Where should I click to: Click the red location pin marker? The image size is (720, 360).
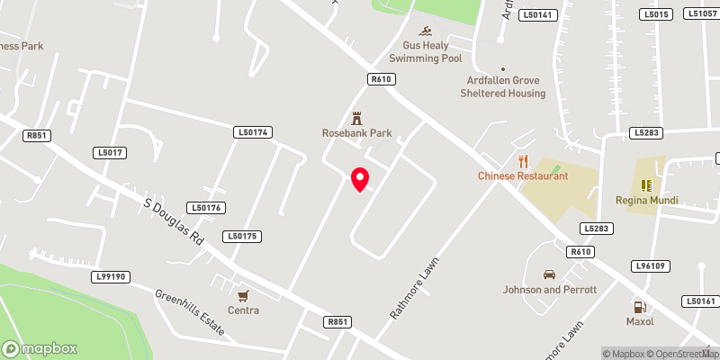point(359,179)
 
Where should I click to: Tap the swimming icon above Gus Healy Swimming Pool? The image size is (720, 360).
point(432,29)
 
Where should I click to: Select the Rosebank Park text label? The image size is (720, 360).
point(357,133)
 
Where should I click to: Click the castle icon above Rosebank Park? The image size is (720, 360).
point(357,118)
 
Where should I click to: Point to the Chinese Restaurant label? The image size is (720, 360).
point(523,175)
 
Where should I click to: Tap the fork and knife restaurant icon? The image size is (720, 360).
point(523,161)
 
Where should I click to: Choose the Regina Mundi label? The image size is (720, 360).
point(645,199)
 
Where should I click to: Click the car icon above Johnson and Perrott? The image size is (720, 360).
point(549,274)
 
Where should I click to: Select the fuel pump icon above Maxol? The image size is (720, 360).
point(640,306)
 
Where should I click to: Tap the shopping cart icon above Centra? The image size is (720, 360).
point(243,295)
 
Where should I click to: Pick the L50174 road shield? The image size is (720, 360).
point(253,132)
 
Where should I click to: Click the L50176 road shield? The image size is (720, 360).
point(204,208)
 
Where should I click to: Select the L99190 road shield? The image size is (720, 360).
point(110,277)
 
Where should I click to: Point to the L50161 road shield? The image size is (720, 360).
point(700,301)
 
